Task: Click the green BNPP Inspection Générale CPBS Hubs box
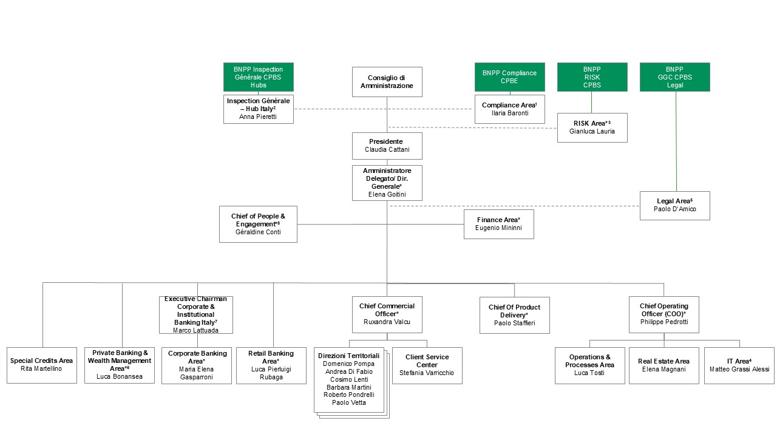coord(258,77)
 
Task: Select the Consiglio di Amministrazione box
coord(387,82)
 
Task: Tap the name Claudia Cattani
coord(387,150)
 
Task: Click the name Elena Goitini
coord(387,195)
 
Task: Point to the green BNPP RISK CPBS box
coord(592,77)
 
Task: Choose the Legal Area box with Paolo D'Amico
coord(674,205)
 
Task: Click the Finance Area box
coord(498,224)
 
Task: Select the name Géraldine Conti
coord(258,232)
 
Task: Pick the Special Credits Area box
coord(42,365)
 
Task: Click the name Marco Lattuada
coord(195,330)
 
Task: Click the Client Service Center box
coord(427,365)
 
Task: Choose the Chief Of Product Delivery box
coord(514,315)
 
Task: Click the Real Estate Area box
coord(663,365)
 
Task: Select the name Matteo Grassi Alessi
coord(739,369)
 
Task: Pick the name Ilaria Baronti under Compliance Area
coord(509,113)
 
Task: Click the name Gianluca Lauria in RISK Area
coord(592,131)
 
